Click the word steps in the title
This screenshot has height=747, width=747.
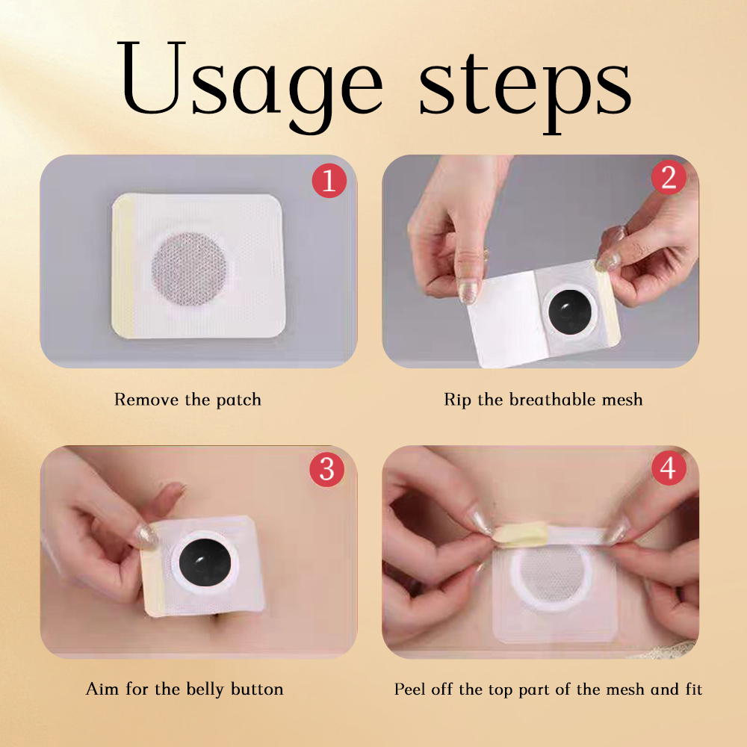click(x=525, y=90)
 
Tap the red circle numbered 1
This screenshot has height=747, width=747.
click(x=329, y=181)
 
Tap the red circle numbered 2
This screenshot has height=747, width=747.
click(x=669, y=177)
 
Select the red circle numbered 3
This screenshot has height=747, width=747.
click(x=327, y=469)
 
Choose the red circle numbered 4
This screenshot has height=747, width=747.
click(x=669, y=468)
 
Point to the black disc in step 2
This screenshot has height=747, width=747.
click(x=570, y=311)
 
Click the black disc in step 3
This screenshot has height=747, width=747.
click(x=205, y=562)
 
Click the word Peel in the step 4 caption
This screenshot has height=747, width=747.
click(x=409, y=689)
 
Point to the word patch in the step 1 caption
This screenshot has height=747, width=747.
click(x=239, y=400)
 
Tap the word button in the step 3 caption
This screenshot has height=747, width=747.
click(x=257, y=689)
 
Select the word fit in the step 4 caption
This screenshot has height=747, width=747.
click(x=694, y=689)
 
